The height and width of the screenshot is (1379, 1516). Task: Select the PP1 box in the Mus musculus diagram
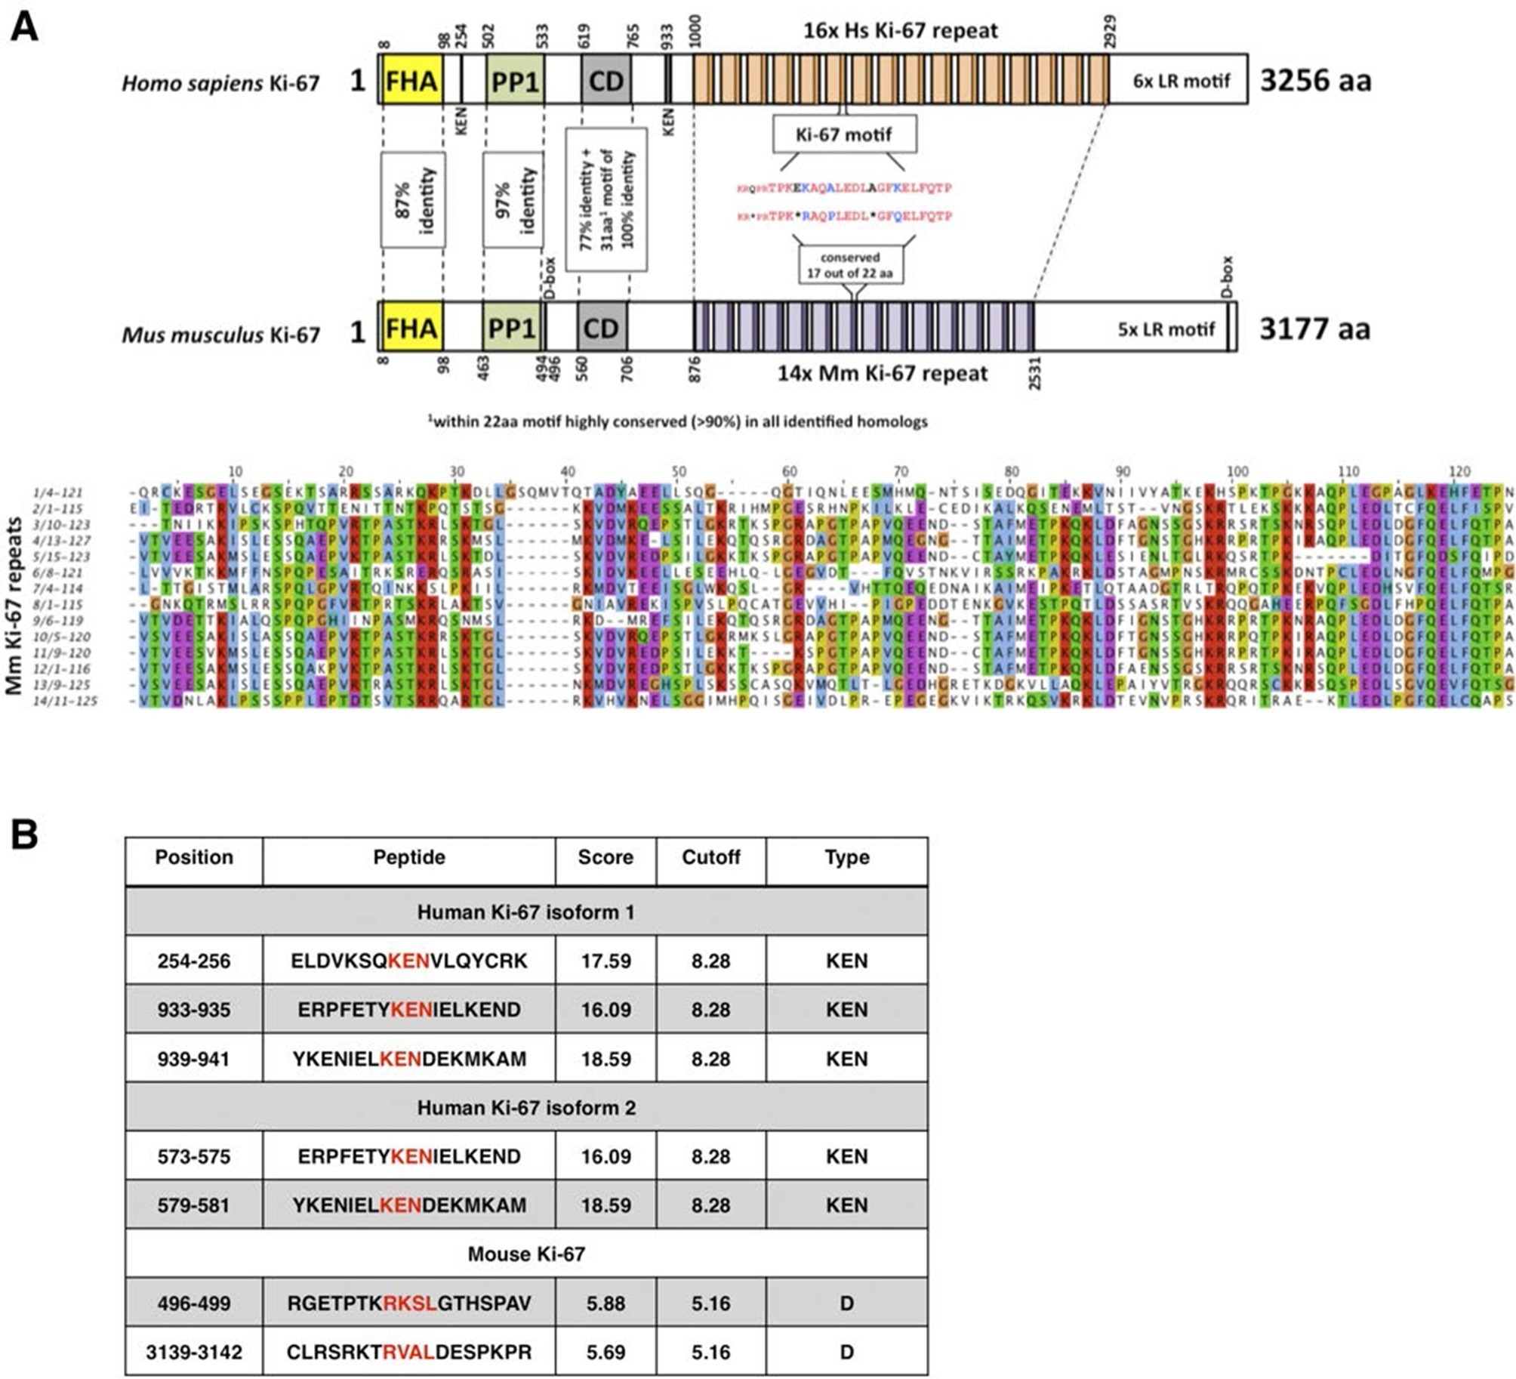coord(511,328)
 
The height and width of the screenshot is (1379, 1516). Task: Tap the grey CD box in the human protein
coord(605,79)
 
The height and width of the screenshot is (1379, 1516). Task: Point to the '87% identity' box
coord(413,200)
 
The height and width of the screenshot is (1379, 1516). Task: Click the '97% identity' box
coord(513,200)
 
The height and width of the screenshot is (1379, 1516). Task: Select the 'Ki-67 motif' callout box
coord(844,134)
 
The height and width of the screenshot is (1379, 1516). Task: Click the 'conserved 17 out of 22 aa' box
coord(850,265)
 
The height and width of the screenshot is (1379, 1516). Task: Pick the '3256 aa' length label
coord(1315,79)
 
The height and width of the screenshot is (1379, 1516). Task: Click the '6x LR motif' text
coord(1181,80)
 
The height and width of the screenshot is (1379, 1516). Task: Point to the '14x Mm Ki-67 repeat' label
coord(883,373)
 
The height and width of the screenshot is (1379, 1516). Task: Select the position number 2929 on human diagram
coord(1109,32)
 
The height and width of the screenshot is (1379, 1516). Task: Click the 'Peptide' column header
coord(408,857)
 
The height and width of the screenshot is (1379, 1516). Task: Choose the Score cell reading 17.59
coord(605,961)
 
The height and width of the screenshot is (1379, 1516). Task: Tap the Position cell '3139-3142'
coord(194,1352)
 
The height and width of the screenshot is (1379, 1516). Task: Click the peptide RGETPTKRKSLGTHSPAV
coord(408,1303)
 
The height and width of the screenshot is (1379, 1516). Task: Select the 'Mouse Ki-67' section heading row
coord(526,1254)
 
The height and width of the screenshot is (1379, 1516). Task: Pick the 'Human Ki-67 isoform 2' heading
coord(526,1108)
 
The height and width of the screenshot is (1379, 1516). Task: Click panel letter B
coord(24,834)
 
